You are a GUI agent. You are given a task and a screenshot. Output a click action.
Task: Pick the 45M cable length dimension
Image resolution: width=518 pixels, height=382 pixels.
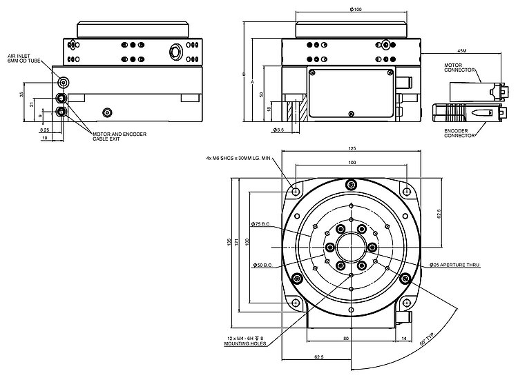point(462,51)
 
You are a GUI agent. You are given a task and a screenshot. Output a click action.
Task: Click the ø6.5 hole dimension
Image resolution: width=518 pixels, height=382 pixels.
point(279,130)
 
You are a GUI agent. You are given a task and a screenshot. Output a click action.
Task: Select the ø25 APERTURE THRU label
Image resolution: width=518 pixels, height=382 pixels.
point(454,265)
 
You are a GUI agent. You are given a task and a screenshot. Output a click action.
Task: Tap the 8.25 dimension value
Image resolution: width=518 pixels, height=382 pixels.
point(44,130)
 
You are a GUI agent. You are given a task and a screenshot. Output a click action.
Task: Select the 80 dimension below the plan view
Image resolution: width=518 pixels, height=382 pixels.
point(345,339)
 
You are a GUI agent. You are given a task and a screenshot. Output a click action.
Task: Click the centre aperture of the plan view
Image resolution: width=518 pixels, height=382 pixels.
point(352,247)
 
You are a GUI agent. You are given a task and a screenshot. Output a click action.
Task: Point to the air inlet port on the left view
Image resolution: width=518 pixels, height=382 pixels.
point(64,82)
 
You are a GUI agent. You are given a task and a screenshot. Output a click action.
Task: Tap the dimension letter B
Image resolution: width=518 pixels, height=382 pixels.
point(243,74)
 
